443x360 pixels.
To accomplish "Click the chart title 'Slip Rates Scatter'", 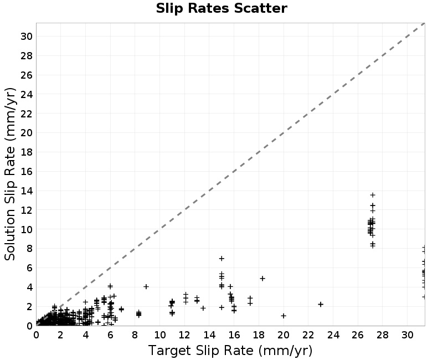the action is pos(221,8).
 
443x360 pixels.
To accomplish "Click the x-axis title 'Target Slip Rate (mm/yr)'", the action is pos(230,351).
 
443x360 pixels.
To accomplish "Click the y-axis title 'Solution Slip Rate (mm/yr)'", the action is pos(10,174).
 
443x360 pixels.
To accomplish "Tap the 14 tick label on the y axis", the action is pos(27,191).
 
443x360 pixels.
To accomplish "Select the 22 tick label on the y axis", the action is pos(27,114).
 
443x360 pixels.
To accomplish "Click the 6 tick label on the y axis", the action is pos(29,268).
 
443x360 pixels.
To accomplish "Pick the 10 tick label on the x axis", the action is pos(159,335).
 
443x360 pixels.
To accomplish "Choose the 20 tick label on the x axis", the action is pos(284,335).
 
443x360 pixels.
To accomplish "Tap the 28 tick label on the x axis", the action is pos(382,335).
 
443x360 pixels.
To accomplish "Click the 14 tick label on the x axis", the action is pos(209,335).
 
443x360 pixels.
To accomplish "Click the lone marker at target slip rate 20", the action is pos(284,316).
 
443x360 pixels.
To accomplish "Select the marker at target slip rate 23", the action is pos(321,304).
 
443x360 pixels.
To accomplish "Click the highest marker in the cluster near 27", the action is pos(373,195).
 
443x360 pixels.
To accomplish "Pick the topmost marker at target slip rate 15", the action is pos(221,258).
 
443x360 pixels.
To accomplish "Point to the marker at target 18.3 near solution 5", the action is pos(262,279).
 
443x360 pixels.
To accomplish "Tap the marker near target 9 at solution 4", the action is pos(146,286).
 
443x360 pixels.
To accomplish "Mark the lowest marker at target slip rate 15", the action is pos(221,307).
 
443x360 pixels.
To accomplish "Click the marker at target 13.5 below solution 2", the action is pos(203,308).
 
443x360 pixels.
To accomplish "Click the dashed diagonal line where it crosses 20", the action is pos(284,133).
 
